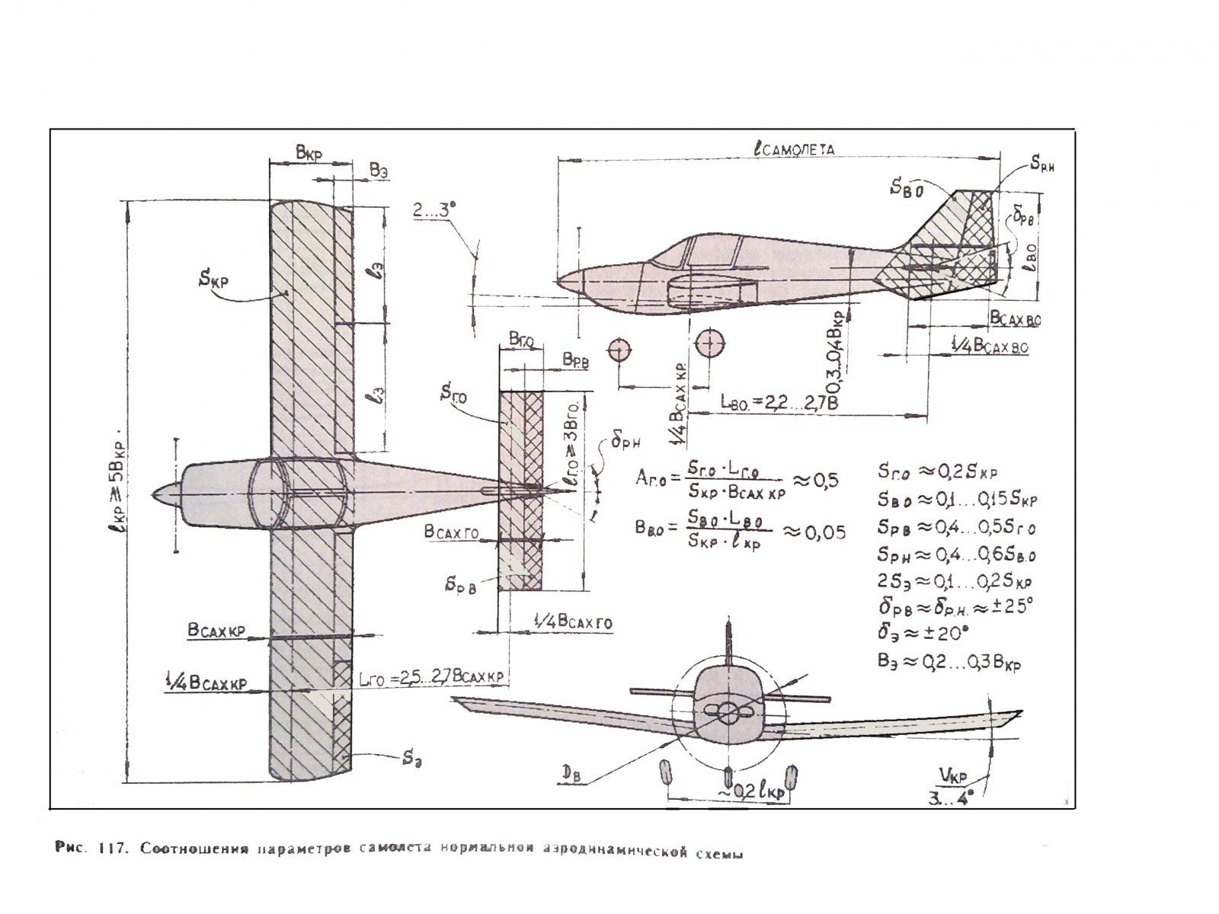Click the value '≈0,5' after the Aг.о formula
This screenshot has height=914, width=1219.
click(x=816, y=481)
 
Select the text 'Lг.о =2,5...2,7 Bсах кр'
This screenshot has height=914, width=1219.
click(x=431, y=677)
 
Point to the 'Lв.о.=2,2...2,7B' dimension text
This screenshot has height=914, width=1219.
click(x=779, y=403)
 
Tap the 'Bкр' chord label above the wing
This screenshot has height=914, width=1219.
click(x=309, y=154)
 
